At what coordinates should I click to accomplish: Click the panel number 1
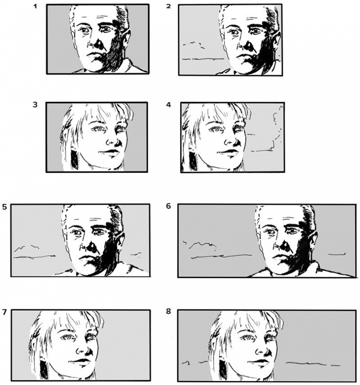35,6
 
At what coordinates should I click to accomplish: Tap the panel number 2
168,6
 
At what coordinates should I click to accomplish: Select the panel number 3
35,104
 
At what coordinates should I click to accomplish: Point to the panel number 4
168,105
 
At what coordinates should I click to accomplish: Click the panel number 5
5,207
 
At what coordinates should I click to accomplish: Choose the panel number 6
168,206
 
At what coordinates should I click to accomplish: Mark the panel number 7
4,312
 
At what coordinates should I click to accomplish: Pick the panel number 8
168,312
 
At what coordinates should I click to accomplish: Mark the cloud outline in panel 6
200,245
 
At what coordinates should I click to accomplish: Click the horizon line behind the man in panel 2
203,59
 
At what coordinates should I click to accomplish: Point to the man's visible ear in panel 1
126,41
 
